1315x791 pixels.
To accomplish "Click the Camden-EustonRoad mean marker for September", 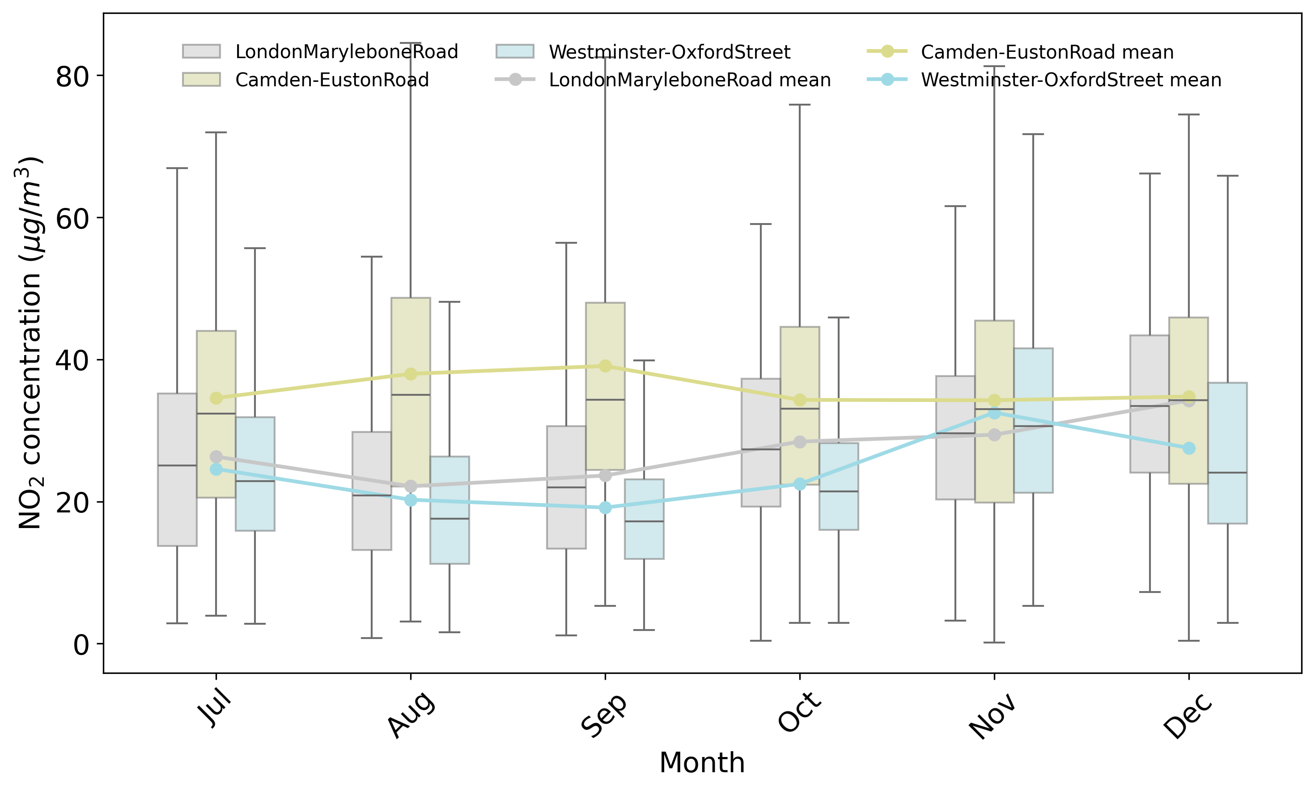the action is [605, 366].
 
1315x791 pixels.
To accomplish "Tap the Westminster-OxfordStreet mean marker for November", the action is [994, 413].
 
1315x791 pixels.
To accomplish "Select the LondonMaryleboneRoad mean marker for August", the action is [411, 486].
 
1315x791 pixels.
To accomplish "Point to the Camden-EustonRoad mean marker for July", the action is [216, 398].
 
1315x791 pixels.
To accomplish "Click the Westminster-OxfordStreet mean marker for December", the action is [1189, 448].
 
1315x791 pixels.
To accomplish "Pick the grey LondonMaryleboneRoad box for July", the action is [177, 470].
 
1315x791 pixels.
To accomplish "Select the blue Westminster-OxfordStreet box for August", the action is [450, 510].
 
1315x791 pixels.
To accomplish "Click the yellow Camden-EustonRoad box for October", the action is [800, 406].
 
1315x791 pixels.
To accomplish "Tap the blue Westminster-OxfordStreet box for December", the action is [1228, 453].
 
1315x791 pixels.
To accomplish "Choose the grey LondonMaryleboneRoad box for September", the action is [566, 487].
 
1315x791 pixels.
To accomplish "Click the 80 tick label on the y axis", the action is [72, 77].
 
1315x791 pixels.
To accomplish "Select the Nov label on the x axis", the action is [993, 715].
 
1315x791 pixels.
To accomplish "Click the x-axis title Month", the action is [702, 762].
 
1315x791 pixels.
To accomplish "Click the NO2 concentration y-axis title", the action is [30, 343].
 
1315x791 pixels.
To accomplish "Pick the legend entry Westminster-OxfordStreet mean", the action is [1044, 80].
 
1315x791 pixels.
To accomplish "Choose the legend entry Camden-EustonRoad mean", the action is [1020, 52].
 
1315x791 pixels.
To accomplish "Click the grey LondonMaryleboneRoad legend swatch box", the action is [201, 51].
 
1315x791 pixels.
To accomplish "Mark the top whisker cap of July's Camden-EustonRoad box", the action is [216, 132].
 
